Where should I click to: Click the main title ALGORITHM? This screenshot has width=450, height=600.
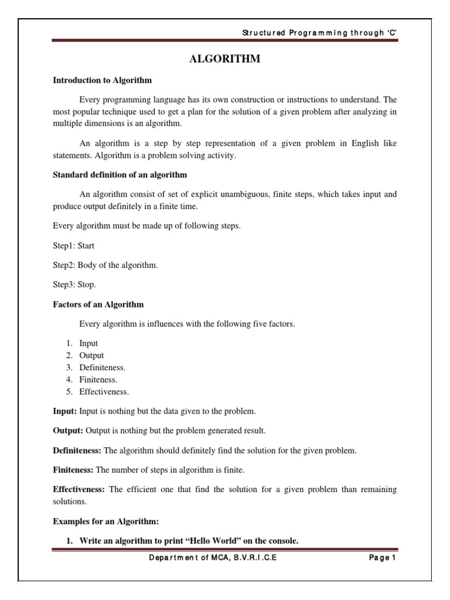224,60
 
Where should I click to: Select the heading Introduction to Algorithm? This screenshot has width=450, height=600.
102,80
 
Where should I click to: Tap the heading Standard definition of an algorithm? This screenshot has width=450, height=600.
120,175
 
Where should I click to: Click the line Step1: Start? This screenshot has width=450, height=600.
73,246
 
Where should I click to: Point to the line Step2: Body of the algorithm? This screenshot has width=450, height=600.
105,265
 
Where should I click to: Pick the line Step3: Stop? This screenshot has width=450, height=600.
74,285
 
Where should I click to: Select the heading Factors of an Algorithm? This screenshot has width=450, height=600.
98,304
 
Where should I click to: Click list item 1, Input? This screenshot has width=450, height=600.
88,343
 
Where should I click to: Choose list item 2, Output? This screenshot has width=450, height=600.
91,355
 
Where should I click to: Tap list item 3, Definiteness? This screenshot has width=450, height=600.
102,367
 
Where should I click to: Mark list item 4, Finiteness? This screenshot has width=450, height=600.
98,380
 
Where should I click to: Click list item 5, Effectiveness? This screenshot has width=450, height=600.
104,391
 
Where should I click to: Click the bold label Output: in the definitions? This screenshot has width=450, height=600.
69,431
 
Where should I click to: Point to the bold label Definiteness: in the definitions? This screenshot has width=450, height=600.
77,451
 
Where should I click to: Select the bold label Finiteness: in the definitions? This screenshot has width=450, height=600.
73,470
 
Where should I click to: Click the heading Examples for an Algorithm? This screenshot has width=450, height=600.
106,521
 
